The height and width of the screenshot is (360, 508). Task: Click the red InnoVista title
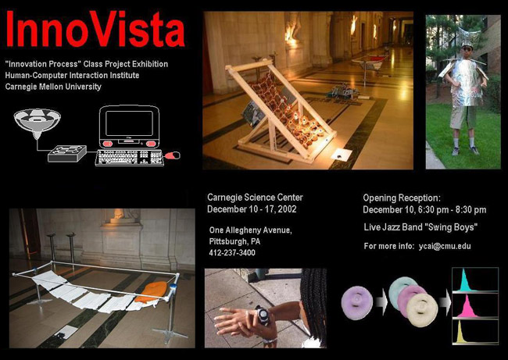pos(95,30)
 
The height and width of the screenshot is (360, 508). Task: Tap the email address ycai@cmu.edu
pos(445,246)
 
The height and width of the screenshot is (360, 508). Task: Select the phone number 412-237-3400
pos(232,252)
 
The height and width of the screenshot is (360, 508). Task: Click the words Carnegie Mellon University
pos(53,87)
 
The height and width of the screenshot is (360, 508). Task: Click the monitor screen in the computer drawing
pos(129,123)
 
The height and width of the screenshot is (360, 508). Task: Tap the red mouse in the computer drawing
pos(173,155)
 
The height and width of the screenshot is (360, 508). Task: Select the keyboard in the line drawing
pos(129,158)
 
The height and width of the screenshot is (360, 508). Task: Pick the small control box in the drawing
pos(67,154)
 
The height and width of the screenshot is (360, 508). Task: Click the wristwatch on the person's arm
pos(262,315)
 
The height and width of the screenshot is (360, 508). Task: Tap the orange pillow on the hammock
pos(151,292)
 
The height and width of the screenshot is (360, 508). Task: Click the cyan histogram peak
pos(466,281)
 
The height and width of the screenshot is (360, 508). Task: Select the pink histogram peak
pos(467,307)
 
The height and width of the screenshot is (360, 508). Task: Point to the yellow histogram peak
pos(461,333)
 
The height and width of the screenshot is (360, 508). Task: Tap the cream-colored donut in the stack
pos(423,310)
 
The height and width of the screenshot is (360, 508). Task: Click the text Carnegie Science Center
pos(255,197)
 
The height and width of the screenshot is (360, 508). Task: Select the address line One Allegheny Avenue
pos(250,230)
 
